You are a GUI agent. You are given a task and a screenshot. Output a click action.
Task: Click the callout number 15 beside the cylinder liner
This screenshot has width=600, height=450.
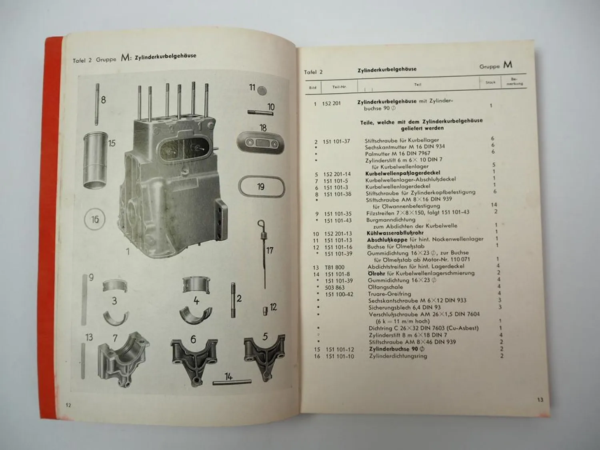pos(112,143)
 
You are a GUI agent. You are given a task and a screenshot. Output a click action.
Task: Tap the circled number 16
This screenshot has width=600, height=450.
pos(95,219)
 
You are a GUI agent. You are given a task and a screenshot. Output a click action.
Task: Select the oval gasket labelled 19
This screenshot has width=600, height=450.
pos(261,187)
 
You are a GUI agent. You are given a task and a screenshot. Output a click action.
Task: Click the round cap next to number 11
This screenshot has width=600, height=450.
pos(262,90)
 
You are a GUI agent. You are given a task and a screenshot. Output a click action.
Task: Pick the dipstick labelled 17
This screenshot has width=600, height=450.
pos(263,252)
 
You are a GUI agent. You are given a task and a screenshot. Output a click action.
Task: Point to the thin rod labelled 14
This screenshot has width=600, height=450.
pos(232,382)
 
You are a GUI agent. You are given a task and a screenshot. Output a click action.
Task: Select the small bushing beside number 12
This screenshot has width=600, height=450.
pos(265,310)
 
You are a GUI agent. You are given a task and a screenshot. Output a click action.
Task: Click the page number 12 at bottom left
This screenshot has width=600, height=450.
pos(68,405)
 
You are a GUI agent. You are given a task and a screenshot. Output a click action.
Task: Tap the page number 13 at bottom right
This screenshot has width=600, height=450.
pos(540,400)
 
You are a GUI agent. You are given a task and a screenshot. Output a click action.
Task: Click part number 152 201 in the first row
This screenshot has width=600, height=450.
pos(331,104)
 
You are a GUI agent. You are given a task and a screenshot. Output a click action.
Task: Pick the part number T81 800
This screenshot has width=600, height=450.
pos(334,267)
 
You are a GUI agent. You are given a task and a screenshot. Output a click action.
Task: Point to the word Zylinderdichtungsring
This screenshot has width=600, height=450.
pos(398,356)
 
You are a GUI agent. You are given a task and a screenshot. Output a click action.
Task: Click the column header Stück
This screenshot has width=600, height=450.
pos(490,82)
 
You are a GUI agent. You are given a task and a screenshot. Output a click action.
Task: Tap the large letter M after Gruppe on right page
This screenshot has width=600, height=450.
pos(508,65)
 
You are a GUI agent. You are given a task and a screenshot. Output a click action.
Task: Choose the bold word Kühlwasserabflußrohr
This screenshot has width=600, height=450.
pos(395,233)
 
